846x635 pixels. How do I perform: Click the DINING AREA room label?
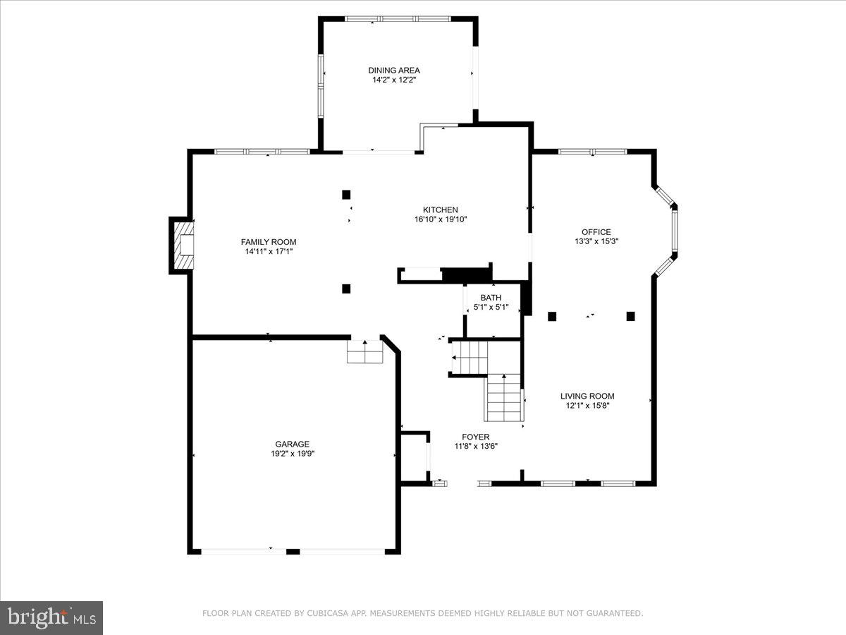click(x=394, y=70)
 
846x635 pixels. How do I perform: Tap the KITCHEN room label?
click(x=441, y=210)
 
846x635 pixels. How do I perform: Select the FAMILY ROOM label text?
click(x=269, y=242)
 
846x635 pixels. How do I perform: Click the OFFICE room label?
click(x=596, y=231)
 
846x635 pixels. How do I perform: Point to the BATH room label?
click(x=491, y=298)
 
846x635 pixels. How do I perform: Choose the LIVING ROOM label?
click(x=587, y=396)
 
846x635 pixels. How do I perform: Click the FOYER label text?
click(x=476, y=437)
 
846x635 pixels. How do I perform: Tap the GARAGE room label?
click(x=292, y=444)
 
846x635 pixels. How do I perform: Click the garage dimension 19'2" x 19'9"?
click(x=292, y=454)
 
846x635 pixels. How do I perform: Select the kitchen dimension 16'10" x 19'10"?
click(x=441, y=219)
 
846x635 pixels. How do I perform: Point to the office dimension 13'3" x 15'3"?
click(x=596, y=241)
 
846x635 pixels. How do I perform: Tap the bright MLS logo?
click(x=51, y=617)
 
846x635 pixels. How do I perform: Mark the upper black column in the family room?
click(x=346, y=195)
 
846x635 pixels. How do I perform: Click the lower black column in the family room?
click(x=346, y=288)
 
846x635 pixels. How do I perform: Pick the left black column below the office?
click(x=552, y=316)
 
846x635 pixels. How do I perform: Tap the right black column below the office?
click(x=630, y=316)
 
